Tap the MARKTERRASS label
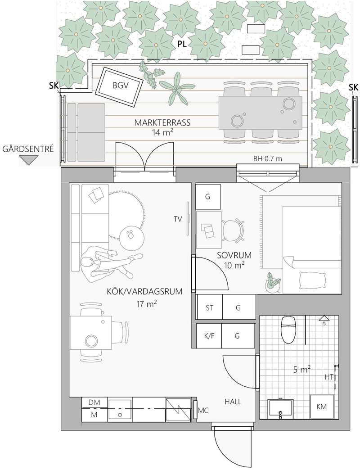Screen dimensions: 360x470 (162, 122)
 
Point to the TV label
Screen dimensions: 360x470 (178, 219)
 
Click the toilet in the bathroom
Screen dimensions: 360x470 (288, 330)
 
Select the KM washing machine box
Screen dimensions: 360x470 (321, 407)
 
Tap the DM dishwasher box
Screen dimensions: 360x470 (94, 403)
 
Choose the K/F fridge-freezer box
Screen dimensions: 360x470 (209, 336)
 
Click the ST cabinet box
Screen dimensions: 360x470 (209, 307)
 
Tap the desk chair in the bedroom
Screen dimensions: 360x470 (233, 230)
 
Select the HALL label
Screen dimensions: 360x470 (233, 402)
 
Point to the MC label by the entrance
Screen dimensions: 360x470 (203, 411)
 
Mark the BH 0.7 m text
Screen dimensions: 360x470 (268, 159)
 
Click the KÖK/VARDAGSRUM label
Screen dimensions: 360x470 (144, 291)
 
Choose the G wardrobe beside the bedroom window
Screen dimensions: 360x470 (208, 197)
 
